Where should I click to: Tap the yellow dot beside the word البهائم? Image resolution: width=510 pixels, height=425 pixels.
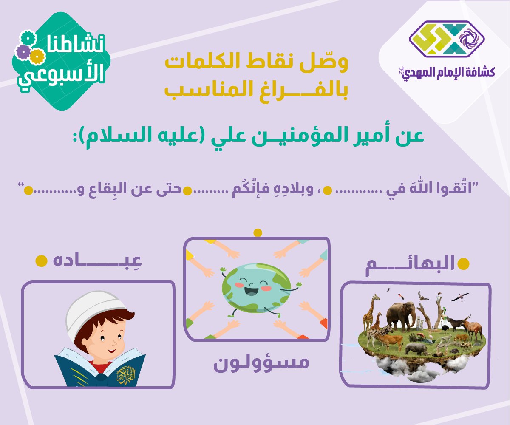click(x=463, y=264)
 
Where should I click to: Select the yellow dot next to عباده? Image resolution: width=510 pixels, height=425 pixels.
click(x=41, y=261)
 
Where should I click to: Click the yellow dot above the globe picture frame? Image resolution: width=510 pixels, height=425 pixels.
click(x=258, y=233)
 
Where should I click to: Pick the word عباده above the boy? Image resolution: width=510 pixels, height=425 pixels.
click(x=97, y=261)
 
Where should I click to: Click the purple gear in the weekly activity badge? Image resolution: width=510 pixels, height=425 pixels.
click(x=23, y=52)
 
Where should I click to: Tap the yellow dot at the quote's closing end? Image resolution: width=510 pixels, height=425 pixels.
click(x=28, y=190)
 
